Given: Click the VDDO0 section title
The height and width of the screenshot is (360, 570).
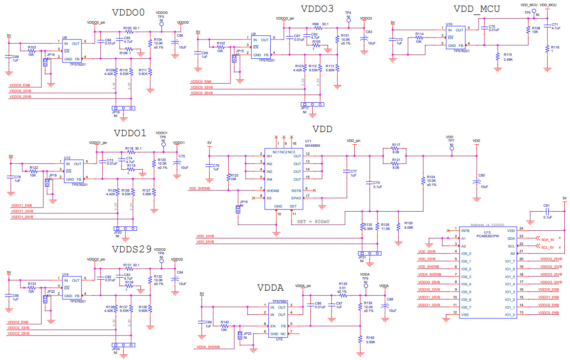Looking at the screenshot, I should pos(128,13).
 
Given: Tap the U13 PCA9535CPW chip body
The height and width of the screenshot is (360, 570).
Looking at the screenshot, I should pos(488,272).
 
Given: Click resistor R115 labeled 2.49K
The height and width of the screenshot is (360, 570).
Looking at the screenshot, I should pos(497,57).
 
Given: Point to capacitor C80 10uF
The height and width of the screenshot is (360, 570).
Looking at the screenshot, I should pos(477,183).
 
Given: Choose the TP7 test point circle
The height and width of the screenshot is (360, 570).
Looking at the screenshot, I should pos(451,149).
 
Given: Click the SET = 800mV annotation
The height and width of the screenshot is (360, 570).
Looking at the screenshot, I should pos(313,222).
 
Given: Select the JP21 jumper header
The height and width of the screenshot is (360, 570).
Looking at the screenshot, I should pos(370,253).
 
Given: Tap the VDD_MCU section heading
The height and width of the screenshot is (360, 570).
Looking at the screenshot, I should pos(476,9).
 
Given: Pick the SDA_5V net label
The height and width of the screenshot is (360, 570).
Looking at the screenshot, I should pos(547,240).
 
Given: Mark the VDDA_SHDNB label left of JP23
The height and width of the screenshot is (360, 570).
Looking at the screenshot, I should pos(208,347).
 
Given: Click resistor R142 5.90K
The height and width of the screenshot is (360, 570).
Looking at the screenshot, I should pos(360,339).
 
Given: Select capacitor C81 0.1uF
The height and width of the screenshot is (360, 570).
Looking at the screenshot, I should pos(547,212).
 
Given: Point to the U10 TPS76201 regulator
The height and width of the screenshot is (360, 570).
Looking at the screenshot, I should pos(455,38).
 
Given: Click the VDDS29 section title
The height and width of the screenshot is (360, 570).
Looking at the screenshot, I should pos(132,249).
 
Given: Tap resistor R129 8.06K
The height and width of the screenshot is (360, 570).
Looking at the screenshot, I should pos(398,227).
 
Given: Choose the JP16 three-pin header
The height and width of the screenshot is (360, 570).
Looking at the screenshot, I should pos(124,108).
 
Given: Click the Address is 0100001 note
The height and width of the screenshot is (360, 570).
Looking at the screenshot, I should pos(487,225).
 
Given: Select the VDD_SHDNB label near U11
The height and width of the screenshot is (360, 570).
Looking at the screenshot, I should pos(199,189).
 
